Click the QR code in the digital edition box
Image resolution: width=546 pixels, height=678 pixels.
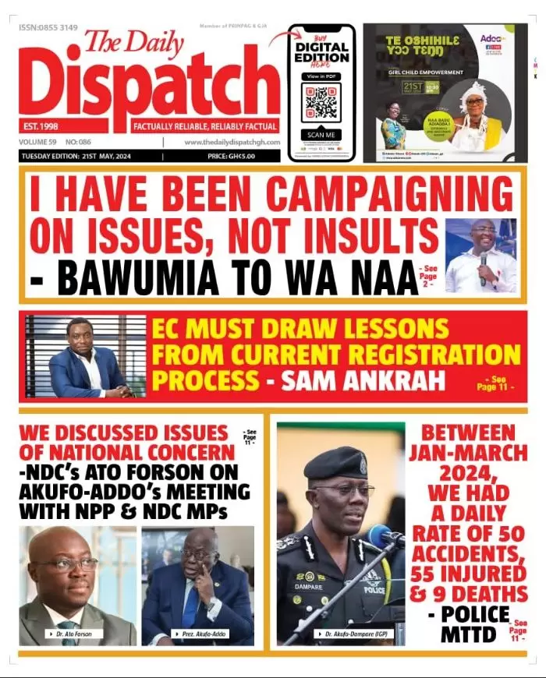321,102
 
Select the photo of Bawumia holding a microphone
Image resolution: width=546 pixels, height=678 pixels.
480,256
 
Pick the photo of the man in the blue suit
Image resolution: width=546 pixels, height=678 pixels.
85,358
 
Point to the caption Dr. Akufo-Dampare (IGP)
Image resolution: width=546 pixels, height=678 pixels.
351,634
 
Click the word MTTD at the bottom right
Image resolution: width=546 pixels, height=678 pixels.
468,634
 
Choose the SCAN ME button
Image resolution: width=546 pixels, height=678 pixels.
321,134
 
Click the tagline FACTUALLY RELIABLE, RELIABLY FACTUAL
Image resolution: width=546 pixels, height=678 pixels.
205,126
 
